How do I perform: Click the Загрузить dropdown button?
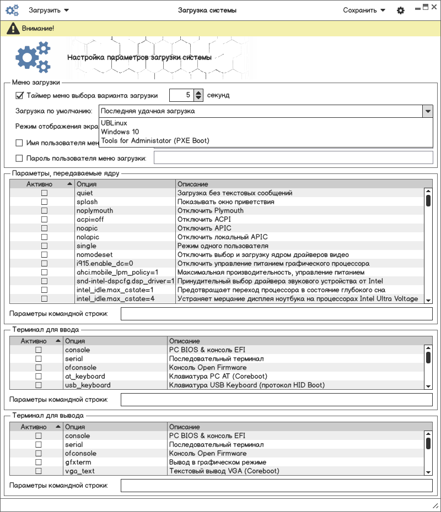pyautogui.click(x=49, y=10)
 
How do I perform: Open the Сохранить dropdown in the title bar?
pyautogui.click(x=363, y=10)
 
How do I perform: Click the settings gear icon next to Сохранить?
pyautogui.click(x=401, y=10)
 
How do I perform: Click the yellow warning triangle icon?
pyautogui.click(x=11, y=28)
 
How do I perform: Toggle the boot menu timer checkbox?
pyautogui.click(x=19, y=95)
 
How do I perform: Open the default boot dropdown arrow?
pyautogui.click(x=427, y=111)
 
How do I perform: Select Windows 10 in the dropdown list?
pyautogui.click(x=120, y=132)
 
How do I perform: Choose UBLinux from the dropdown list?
pyautogui.click(x=114, y=123)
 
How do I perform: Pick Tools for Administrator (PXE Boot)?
pyautogui.click(x=155, y=141)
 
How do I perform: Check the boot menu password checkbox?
pyautogui.click(x=19, y=159)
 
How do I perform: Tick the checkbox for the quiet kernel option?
pyautogui.click(x=44, y=193)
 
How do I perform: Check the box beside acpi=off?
pyautogui.click(x=44, y=220)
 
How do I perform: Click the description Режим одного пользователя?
pyautogui.click(x=223, y=246)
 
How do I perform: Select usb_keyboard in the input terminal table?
pyautogui.click(x=88, y=385)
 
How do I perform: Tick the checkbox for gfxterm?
pyautogui.click(x=39, y=462)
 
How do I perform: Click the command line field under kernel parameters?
pyautogui.click(x=276, y=314)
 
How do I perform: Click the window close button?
pyautogui.click(x=434, y=7)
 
